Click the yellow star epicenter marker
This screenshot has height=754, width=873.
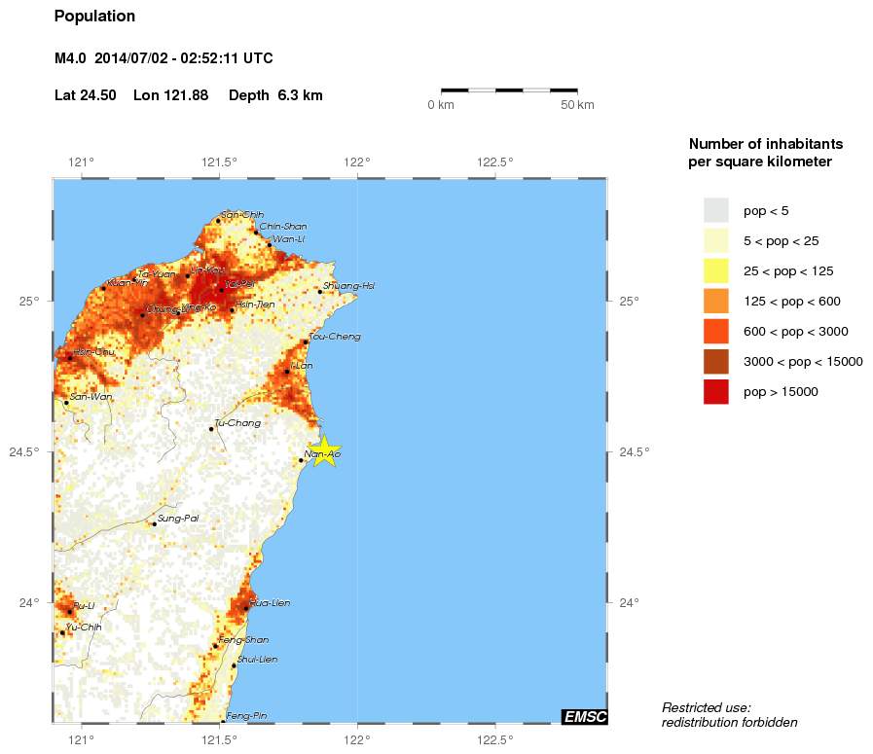324,449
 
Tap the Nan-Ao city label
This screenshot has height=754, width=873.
322,454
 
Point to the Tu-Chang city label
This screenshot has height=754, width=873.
233,422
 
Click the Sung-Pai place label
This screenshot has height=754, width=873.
178,519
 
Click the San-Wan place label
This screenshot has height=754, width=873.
89,397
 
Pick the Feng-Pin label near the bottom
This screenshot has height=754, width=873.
246,717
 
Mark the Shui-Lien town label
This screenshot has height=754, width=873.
257,660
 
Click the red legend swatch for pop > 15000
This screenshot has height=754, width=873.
716,392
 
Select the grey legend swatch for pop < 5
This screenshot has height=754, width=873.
716,210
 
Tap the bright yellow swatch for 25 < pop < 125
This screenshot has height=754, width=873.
716,270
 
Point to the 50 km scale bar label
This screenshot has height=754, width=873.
577,105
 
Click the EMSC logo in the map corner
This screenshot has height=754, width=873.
584,717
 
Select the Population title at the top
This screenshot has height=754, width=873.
94,17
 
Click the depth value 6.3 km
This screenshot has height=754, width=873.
300,95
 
